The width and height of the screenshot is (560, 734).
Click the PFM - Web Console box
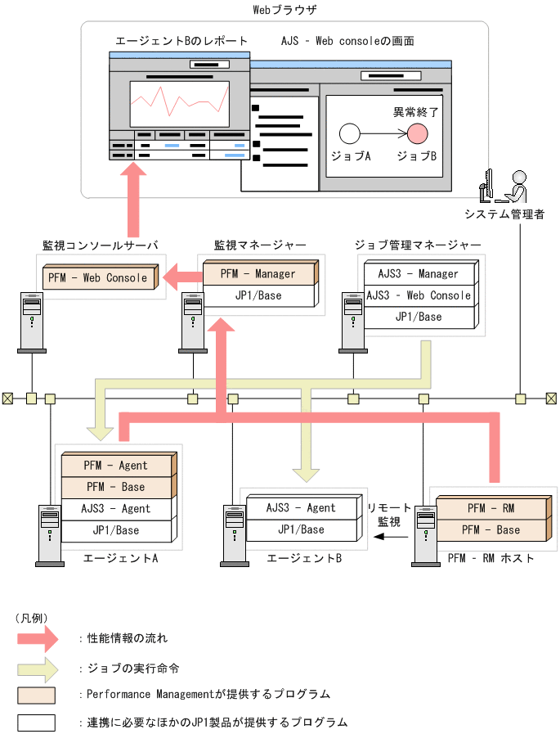click(98, 277)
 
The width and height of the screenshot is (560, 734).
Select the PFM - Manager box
click(258, 273)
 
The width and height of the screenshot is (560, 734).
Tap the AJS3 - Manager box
click(418, 273)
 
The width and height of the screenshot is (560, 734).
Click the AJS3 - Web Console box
click(418, 295)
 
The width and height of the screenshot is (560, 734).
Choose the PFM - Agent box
click(115, 465)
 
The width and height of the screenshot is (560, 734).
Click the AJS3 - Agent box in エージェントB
click(301, 507)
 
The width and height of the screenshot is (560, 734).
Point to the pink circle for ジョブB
click(417, 133)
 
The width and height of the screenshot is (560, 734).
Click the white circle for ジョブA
click(350, 133)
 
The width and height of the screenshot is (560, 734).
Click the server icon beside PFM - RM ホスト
click(425, 535)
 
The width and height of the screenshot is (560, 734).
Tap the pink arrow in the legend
click(37, 637)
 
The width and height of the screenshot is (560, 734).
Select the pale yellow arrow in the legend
click(37, 667)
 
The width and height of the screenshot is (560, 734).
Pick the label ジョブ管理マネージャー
click(418, 245)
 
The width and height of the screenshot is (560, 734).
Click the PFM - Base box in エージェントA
click(115, 486)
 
